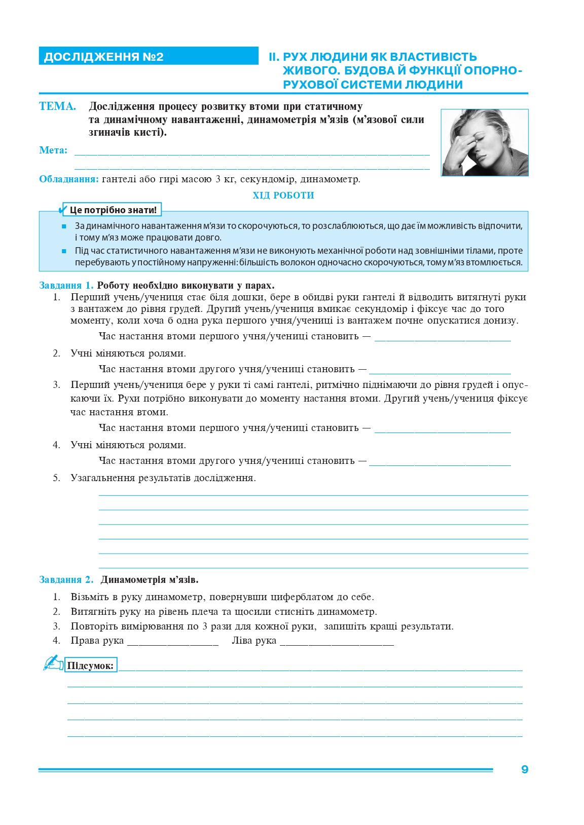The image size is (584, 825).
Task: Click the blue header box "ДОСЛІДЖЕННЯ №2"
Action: [148, 56]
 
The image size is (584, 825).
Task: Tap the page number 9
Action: [525, 769]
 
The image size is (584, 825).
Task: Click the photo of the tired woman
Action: [485, 143]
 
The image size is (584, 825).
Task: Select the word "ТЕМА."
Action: [57, 106]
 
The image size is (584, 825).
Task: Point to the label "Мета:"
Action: [53, 150]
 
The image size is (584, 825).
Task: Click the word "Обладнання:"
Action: [69, 179]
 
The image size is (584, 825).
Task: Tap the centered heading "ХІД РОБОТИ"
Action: [283, 195]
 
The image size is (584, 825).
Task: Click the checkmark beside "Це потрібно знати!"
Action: [64, 209]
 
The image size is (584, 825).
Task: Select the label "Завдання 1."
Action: [66, 286]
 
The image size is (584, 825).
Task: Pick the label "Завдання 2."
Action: [66, 580]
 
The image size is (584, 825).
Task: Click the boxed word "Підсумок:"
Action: [91, 665]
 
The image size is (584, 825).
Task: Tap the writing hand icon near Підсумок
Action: [52, 663]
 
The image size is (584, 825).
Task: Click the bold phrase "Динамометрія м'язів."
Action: [150, 580]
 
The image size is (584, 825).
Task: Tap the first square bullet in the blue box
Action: [64, 226]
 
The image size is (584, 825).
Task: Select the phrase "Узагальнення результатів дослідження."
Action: [163, 478]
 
